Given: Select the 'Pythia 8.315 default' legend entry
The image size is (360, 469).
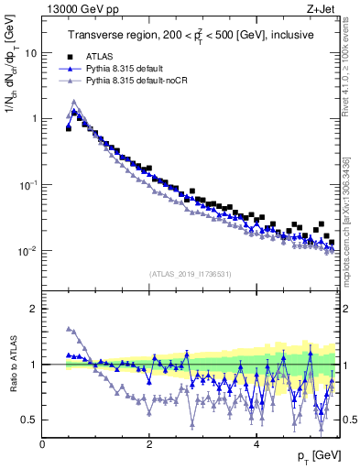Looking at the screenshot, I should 125,68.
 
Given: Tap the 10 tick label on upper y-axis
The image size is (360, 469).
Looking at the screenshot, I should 30,52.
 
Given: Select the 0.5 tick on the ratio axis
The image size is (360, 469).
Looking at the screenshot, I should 29,420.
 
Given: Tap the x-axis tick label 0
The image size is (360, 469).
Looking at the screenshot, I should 42,444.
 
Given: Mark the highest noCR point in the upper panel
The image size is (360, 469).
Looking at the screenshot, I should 73,102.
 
